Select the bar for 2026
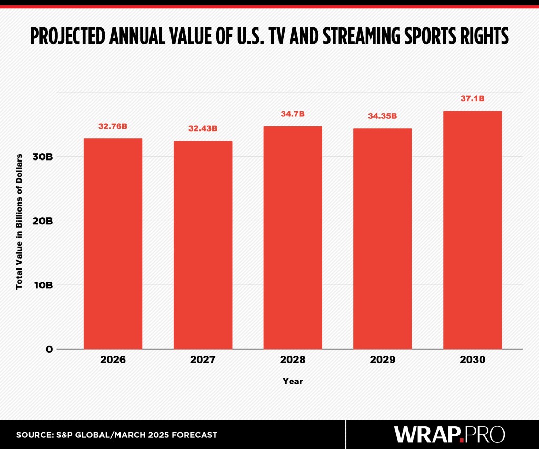point(113,243)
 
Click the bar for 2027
point(203,244)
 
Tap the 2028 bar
point(293,237)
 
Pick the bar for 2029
point(383,238)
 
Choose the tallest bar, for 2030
point(472,230)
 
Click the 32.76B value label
point(113,126)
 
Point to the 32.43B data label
point(203,128)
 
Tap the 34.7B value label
point(293,114)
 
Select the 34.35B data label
point(383,116)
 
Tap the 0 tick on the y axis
point(48,349)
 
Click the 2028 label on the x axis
point(293,361)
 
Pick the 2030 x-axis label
point(472,361)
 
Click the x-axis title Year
point(293,381)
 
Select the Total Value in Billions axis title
point(19,221)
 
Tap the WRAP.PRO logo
point(450,434)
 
